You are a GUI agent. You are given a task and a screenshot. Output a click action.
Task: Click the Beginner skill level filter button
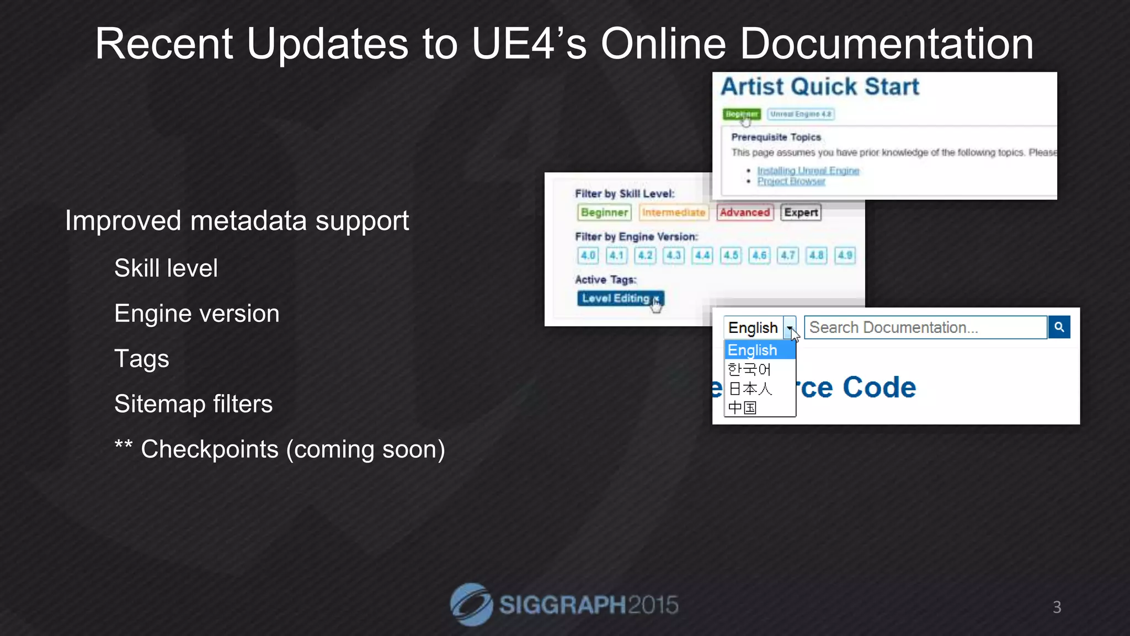604,213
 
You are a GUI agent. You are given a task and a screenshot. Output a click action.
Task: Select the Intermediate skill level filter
674,213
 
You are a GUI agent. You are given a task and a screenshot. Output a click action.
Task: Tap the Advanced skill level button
744,213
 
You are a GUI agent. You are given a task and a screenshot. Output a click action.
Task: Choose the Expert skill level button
801,213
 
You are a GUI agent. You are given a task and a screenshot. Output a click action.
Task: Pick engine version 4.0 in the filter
588,255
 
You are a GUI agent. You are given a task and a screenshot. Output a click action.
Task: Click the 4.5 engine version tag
731,255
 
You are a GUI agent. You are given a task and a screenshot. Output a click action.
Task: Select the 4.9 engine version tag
845,255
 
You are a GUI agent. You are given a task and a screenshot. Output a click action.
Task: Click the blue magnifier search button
1059,327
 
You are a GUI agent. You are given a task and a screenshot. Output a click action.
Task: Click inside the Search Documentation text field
925,327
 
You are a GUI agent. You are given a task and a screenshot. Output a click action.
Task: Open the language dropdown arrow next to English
790,328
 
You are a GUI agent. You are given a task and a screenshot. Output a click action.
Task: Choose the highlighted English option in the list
759,350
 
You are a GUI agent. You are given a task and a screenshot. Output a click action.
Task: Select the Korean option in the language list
749,369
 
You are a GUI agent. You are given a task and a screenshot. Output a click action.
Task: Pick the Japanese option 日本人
750,389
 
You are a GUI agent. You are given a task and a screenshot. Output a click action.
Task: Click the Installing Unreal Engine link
808,171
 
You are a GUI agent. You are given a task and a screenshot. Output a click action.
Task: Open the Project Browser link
791,181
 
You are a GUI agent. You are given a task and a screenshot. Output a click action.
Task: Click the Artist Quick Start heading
820,87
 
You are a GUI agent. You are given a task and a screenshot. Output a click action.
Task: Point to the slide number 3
1057,607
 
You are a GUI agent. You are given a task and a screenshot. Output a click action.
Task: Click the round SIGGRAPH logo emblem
471,605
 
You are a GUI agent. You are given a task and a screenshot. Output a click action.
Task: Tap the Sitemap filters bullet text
193,404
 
